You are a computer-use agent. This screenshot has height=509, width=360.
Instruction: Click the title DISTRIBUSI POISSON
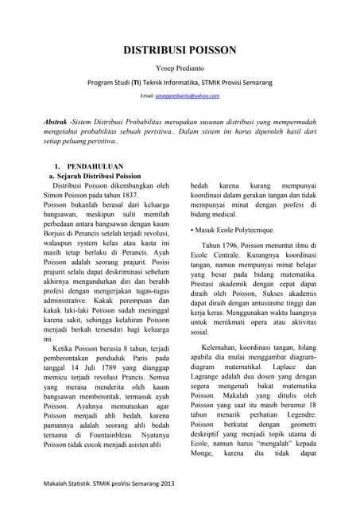tap(179, 50)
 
